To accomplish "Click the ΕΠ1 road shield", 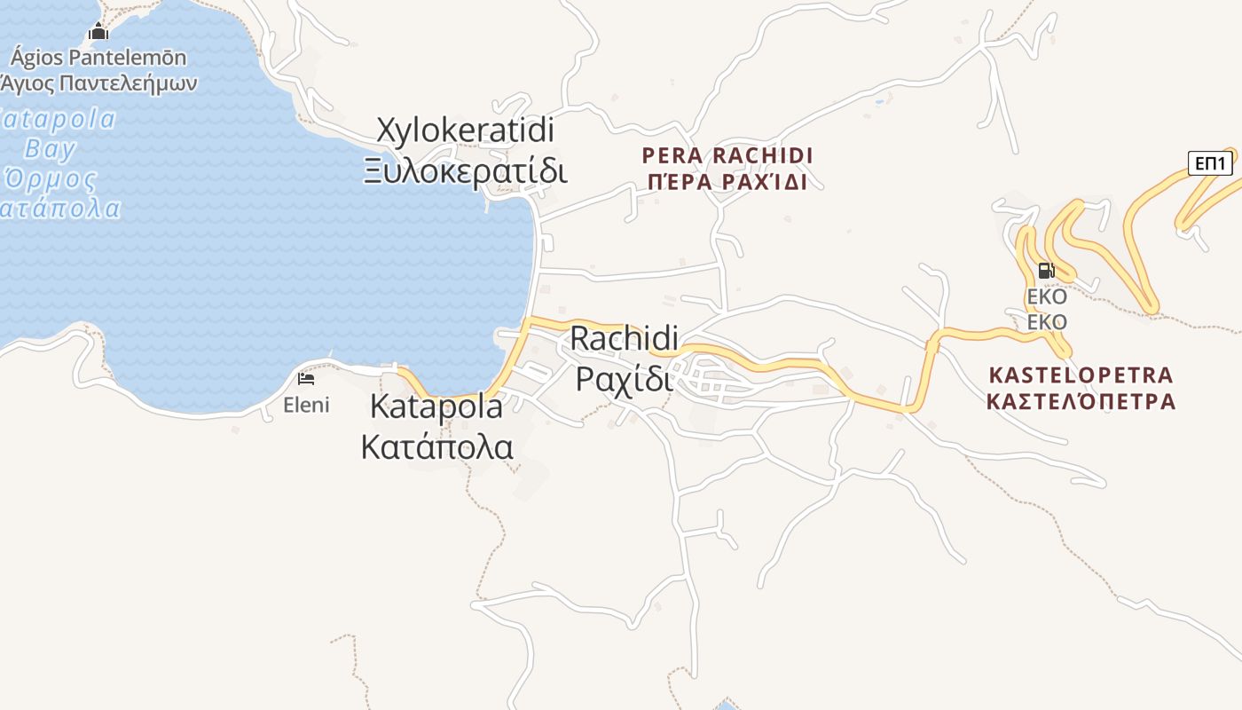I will pyautogui.click(x=1210, y=163).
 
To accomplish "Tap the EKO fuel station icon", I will pyautogui.click(x=1046, y=271).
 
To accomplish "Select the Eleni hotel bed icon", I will pyautogui.click(x=306, y=379).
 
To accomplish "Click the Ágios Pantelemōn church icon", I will pyautogui.click(x=98, y=33).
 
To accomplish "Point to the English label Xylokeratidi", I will pyautogui.click(x=466, y=130).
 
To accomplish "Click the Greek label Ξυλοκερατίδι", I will pyautogui.click(x=466, y=170).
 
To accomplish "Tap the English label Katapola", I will pyautogui.click(x=436, y=407).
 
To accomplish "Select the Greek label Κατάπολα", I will pyautogui.click(x=436, y=446).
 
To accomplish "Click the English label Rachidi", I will pyautogui.click(x=625, y=338).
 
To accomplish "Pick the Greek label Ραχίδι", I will pyautogui.click(x=625, y=378).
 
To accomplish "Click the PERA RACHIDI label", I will pyautogui.click(x=727, y=156).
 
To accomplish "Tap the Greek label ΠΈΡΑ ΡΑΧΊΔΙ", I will pyautogui.click(x=727, y=183).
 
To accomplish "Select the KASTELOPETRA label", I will pyautogui.click(x=1081, y=375).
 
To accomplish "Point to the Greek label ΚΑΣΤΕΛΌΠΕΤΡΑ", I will pyautogui.click(x=1081, y=402).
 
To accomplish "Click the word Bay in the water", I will pyautogui.click(x=50, y=148).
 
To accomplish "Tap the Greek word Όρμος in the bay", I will pyautogui.click(x=50, y=178).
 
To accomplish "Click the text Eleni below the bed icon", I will pyautogui.click(x=306, y=406).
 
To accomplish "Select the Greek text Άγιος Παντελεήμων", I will pyautogui.click(x=98, y=83).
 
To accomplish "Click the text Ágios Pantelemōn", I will pyautogui.click(x=98, y=59).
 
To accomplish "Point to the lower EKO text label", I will pyautogui.click(x=1047, y=322).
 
